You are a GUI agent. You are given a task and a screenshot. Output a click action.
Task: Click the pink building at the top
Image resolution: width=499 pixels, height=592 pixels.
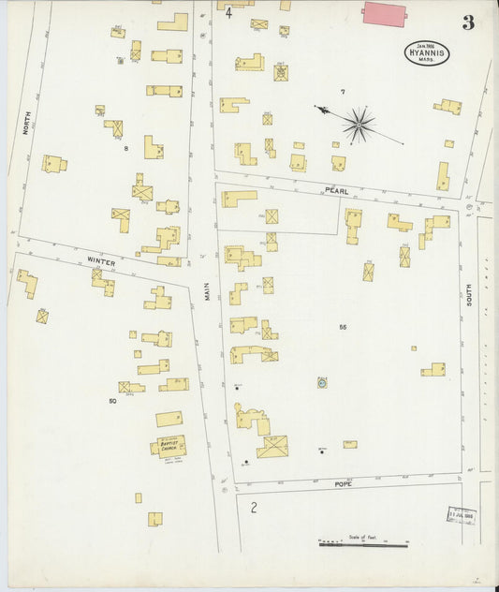pyautogui.click(x=384, y=13)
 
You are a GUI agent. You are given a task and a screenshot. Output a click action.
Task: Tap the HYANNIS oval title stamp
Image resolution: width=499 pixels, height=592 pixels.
pyautogui.click(x=427, y=54)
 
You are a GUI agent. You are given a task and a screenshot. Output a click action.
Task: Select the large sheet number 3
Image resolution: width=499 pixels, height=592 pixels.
pyautogui.click(x=467, y=22)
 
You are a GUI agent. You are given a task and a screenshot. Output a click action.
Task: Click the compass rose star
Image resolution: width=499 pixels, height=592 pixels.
pyautogui.click(x=358, y=123)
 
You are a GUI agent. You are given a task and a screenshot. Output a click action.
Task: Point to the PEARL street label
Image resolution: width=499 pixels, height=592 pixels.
pyautogui.click(x=336, y=190)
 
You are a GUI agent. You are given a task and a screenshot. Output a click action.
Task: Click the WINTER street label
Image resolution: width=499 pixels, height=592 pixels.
pyautogui.click(x=100, y=263)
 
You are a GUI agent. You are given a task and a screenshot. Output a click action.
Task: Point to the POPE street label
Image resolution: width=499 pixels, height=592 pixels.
pyautogui.click(x=343, y=484)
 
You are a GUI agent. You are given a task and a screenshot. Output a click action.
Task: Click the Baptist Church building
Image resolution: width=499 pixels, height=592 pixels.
pyautogui.click(x=169, y=445)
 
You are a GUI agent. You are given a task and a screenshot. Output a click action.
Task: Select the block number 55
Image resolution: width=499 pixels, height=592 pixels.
pyautogui.click(x=343, y=327)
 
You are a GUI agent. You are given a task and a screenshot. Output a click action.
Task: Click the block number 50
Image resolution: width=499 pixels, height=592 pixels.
pyautogui.click(x=113, y=401)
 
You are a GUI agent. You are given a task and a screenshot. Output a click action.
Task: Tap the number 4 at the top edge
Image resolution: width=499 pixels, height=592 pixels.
pyautogui.click(x=227, y=12)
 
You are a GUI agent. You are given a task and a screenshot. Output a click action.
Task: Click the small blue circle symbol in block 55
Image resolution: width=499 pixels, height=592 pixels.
pyautogui.click(x=322, y=382)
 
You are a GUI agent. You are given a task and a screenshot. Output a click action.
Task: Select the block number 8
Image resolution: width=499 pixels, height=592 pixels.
pyautogui.click(x=125, y=148)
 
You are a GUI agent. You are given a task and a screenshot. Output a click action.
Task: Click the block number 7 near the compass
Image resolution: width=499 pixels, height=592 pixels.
pyautogui.click(x=343, y=92)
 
